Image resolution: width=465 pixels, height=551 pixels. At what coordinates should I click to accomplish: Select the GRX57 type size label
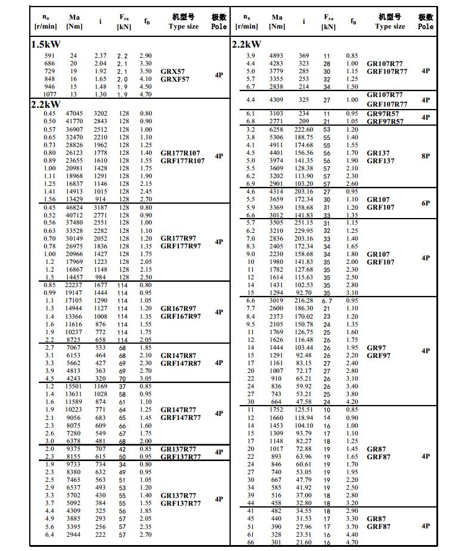point(172,71)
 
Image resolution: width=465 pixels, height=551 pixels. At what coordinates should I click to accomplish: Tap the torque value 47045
point(74,114)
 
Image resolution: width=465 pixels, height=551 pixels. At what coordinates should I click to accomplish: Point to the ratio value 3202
point(100,114)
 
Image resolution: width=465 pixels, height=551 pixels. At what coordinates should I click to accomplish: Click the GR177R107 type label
point(182,153)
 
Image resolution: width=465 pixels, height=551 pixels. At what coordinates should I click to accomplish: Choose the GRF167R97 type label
point(181,316)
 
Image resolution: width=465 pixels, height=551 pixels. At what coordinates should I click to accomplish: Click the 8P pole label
point(425,156)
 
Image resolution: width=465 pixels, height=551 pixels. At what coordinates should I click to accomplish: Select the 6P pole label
point(425,203)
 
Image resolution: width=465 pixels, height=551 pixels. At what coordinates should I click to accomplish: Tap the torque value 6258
point(276,129)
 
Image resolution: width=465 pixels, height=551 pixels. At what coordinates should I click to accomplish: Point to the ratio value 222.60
point(304,129)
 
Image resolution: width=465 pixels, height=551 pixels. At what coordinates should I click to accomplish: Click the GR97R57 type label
point(383,113)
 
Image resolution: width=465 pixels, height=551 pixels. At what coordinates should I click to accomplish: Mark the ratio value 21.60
point(304,542)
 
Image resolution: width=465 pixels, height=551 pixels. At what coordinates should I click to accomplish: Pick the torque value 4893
point(276,56)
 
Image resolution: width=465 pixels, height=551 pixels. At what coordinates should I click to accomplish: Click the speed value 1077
point(49,94)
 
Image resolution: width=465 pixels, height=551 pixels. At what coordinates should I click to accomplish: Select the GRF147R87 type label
point(181,363)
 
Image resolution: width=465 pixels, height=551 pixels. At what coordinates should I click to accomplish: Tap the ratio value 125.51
point(304,410)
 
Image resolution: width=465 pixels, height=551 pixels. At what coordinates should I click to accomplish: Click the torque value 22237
point(74,285)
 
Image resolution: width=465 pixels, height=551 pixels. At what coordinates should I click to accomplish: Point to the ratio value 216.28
point(304,301)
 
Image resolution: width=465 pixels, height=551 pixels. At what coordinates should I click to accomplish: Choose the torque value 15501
point(74,387)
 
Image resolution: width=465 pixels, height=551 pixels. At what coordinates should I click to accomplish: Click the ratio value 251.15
point(304,223)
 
